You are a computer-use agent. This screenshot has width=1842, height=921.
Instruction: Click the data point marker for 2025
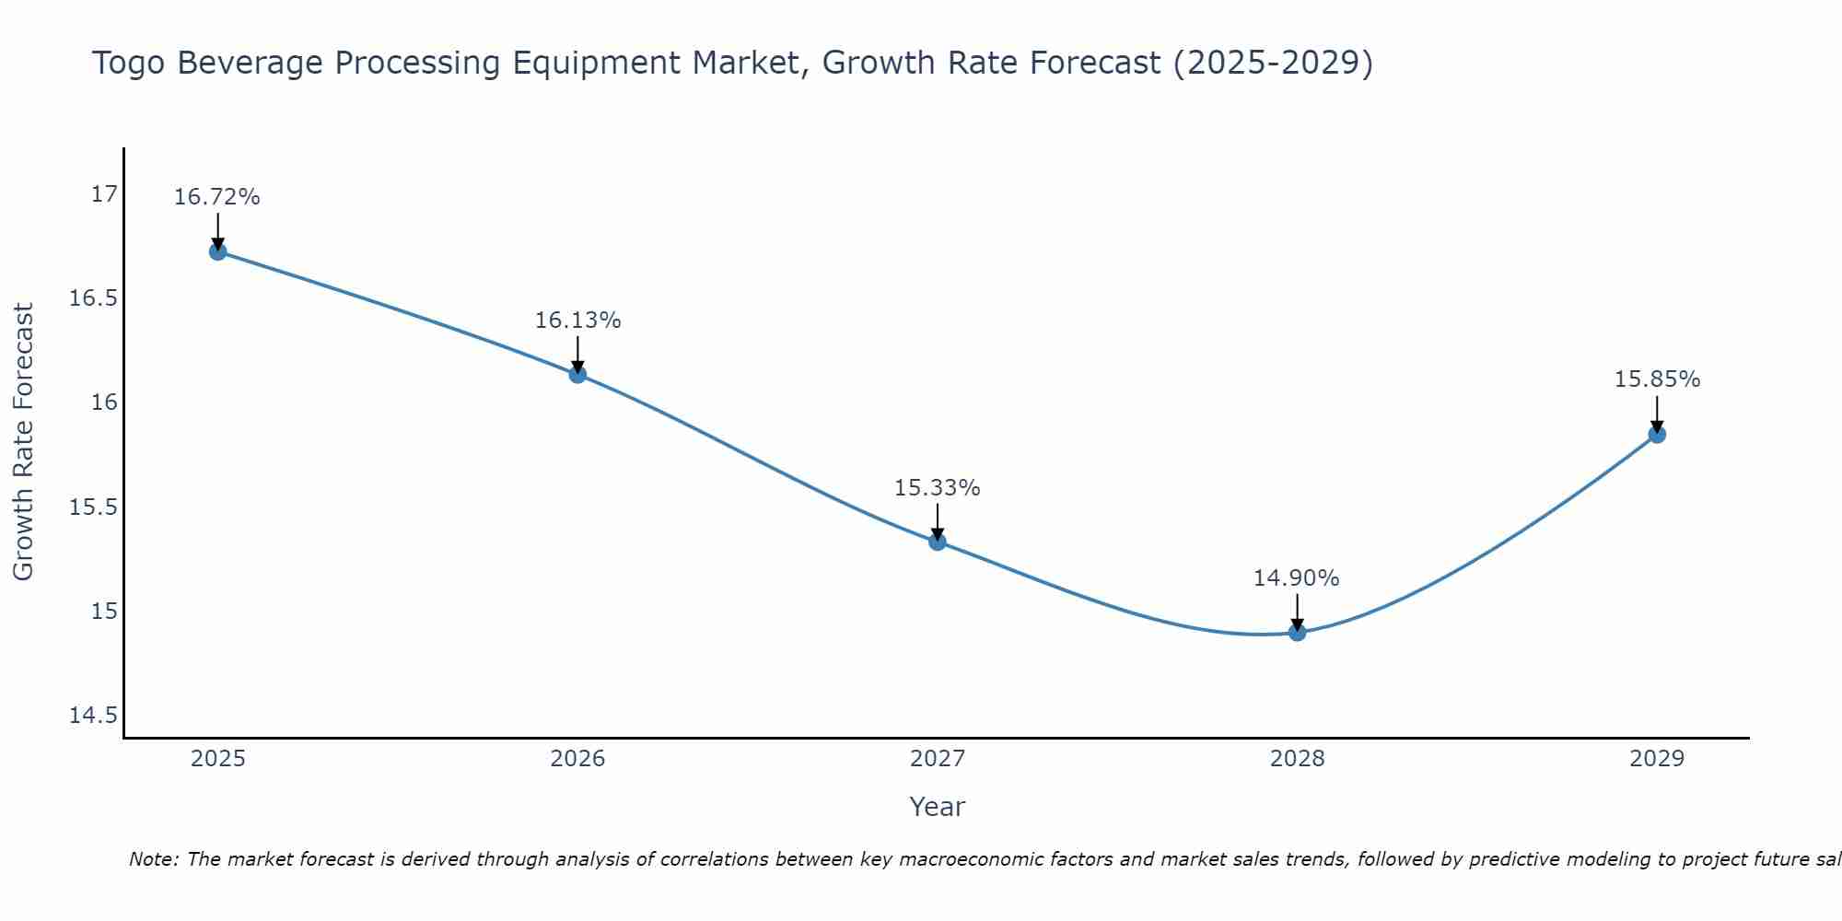[x=217, y=251]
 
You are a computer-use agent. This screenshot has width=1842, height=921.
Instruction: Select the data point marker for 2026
[x=577, y=374]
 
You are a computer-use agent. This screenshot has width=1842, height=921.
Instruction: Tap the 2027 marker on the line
[x=938, y=542]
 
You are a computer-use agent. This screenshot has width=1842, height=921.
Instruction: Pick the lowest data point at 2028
[x=1297, y=632]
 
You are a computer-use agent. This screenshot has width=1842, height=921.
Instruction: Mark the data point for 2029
[x=1657, y=434]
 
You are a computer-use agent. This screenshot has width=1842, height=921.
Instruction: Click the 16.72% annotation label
[x=217, y=197]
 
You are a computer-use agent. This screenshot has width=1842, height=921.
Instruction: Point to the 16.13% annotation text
[x=577, y=321]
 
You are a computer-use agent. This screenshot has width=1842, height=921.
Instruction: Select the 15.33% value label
[x=938, y=488]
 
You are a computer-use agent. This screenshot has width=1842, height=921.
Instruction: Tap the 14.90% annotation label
[x=1297, y=578]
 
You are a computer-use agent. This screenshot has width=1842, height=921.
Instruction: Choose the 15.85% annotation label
[x=1657, y=379]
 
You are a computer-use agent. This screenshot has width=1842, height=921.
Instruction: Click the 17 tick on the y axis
[x=105, y=194]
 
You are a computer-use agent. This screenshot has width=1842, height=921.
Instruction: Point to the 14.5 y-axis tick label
[x=93, y=716]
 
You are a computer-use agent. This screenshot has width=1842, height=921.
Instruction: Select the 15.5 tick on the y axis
[x=93, y=507]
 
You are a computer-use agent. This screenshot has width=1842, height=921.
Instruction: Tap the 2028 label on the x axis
[x=1297, y=759]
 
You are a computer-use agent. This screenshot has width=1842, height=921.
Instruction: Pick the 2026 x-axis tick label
[x=577, y=759]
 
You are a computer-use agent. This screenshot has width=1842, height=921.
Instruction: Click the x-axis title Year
[x=937, y=807]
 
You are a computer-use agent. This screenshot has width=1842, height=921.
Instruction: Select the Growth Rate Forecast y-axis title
[x=23, y=442]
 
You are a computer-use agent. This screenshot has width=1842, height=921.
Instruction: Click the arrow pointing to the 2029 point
[x=1657, y=414]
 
